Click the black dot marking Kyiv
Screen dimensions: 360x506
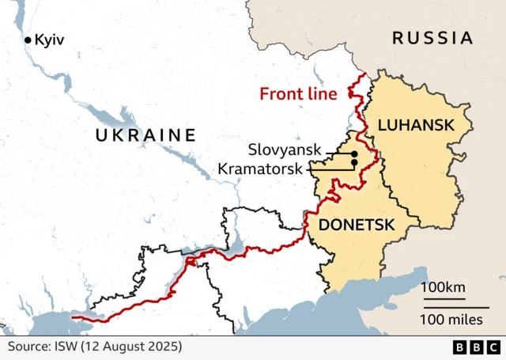(28, 40)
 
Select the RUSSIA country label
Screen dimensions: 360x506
(432, 37)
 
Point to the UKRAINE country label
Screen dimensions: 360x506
(145, 135)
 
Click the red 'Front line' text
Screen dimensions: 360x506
(298, 94)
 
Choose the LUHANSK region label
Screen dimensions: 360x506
(415, 125)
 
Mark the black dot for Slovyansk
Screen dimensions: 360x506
(354, 153)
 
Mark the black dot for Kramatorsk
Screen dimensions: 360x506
(354, 163)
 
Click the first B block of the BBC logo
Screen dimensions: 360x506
(460, 347)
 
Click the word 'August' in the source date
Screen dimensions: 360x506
(125, 347)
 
